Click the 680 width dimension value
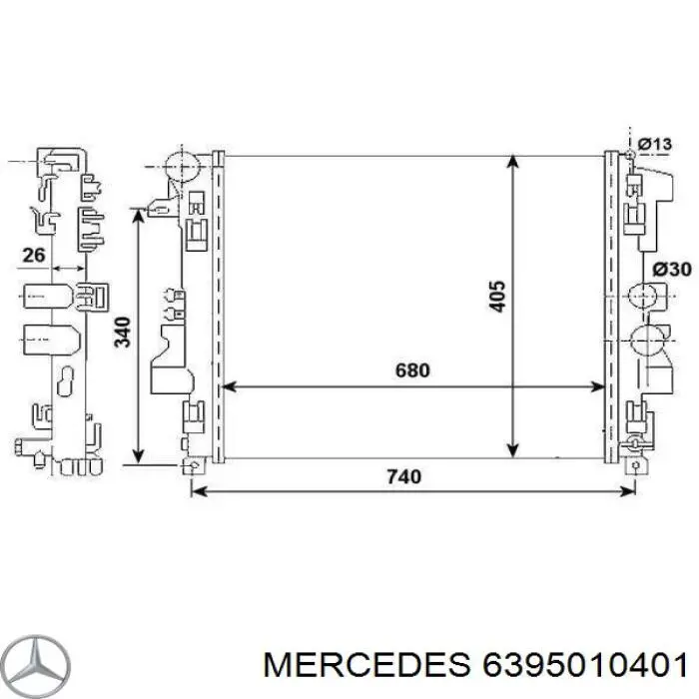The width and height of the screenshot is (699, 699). (411, 370)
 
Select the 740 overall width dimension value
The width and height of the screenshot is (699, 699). (402, 476)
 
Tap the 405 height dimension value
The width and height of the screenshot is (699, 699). (499, 296)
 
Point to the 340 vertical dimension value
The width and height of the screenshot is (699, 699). (122, 333)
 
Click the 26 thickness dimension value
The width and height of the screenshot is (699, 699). (34, 256)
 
